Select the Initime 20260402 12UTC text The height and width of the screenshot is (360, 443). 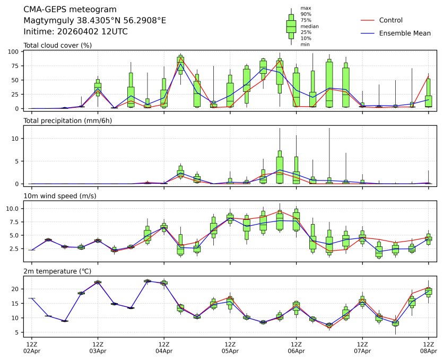[76, 31]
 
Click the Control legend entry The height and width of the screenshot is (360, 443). [390, 20]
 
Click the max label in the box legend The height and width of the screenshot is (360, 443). [305, 8]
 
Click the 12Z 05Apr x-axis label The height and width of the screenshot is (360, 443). [230, 348]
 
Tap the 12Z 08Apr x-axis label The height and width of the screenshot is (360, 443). [428, 348]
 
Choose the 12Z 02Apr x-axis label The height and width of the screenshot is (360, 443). [32, 348]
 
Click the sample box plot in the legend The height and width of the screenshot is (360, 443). [291, 26]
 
